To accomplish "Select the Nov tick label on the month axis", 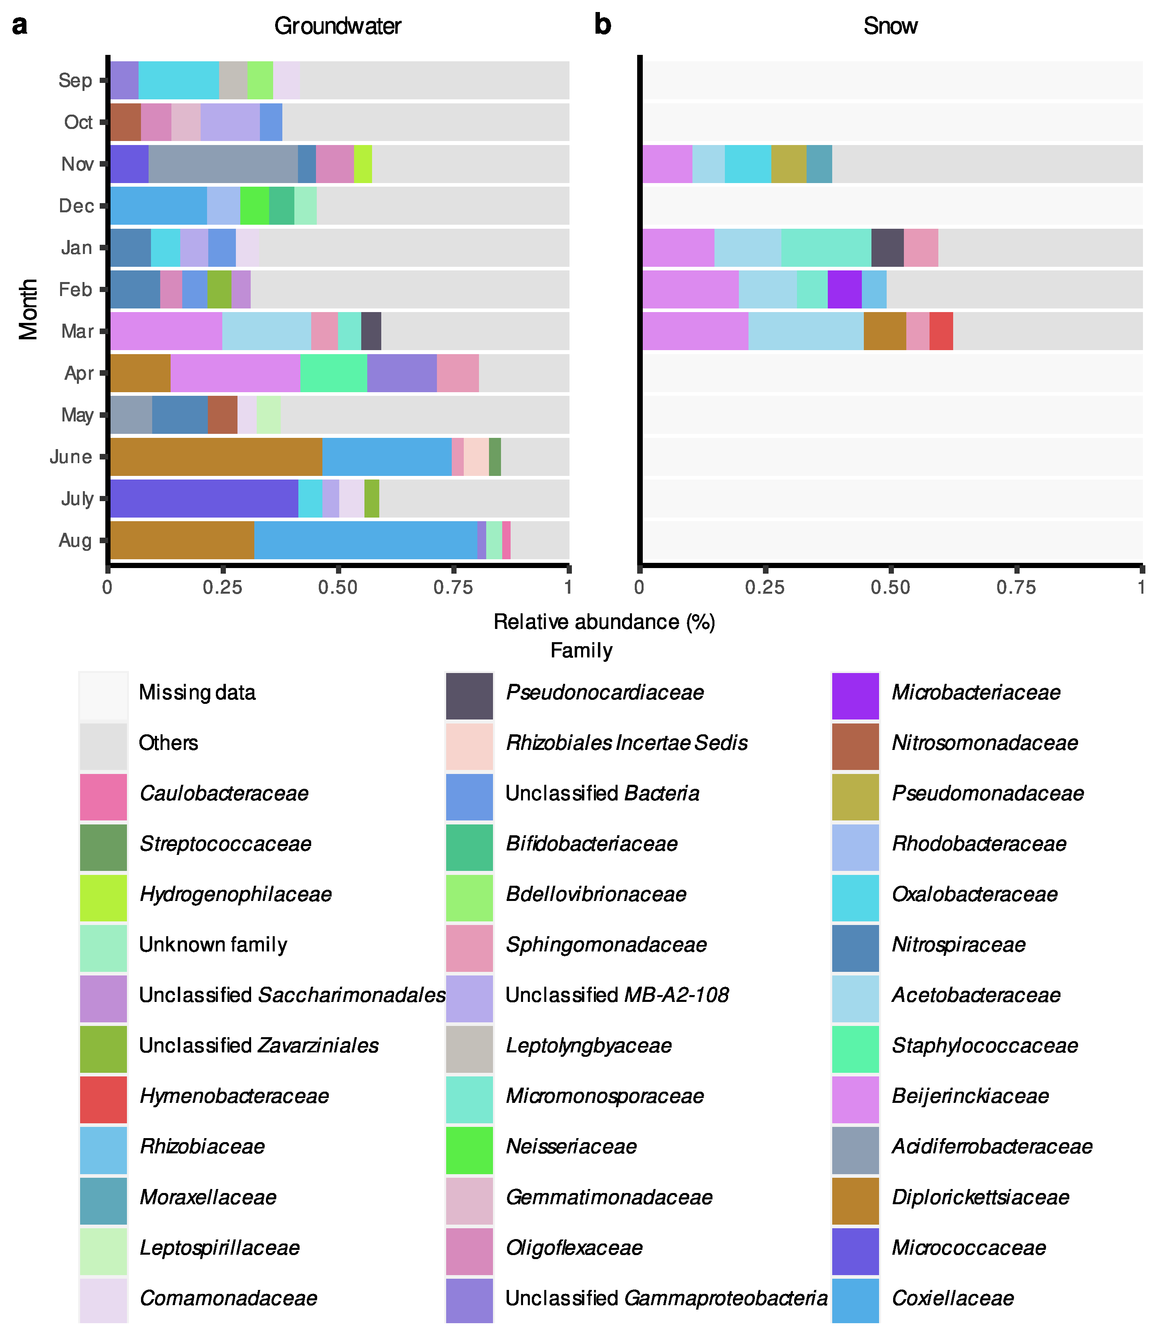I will (x=78, y=164).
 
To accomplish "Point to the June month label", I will (x=71, y=457).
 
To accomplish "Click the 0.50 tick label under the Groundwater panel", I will (x=338, y=587).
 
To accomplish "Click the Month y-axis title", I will (x=28, y=309).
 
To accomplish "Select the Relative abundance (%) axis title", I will (x=604, y=622).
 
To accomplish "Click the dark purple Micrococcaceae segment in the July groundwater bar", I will (x=204, y=498).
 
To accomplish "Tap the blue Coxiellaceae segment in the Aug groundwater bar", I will (x=365, y=540).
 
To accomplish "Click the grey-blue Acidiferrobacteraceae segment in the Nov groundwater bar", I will (x=223, y=164).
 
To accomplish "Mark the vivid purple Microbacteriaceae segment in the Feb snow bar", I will (x=844, y=289).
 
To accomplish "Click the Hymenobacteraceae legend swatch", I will (x=103, y=1096).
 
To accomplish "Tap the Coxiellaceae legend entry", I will (x=952, y=1298).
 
